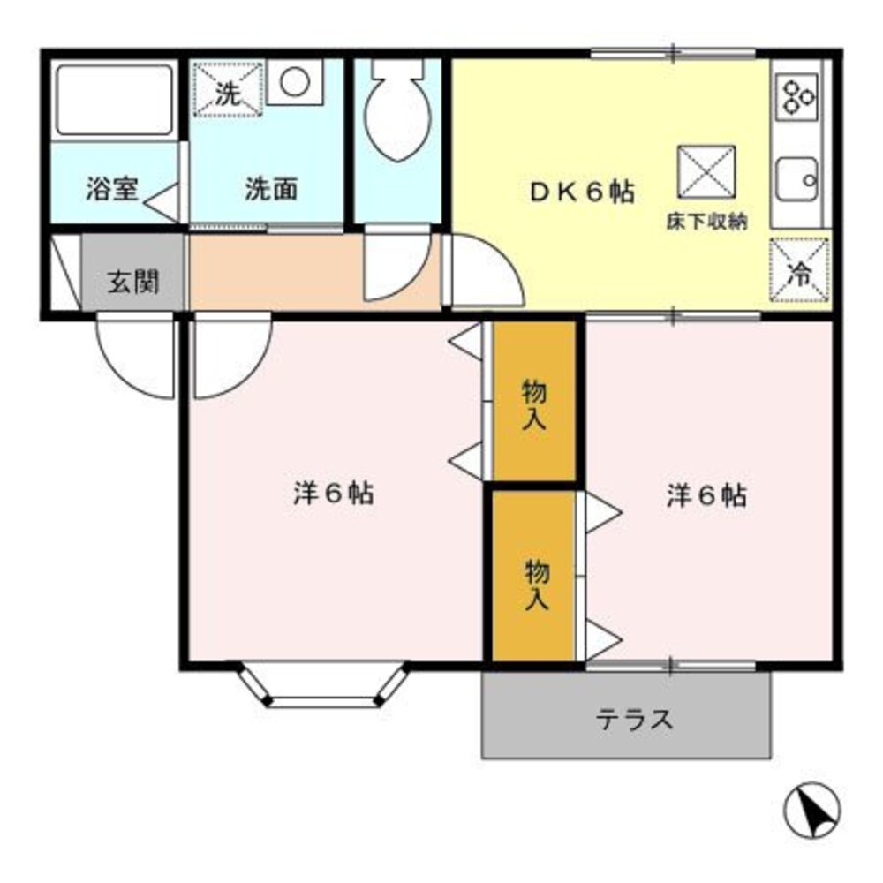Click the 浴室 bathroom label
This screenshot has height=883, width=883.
113,189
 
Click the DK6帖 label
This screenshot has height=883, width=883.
582,192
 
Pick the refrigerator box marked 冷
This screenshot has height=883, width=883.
799,268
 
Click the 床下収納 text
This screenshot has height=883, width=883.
706,223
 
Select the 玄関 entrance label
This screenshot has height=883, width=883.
133,283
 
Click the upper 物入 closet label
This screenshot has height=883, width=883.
534,404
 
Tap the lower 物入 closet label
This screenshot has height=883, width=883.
537,585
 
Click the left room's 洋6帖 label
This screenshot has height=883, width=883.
333,493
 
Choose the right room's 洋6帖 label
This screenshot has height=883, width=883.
706,496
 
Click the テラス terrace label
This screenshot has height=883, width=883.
635,720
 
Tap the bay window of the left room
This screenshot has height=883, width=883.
323,687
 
